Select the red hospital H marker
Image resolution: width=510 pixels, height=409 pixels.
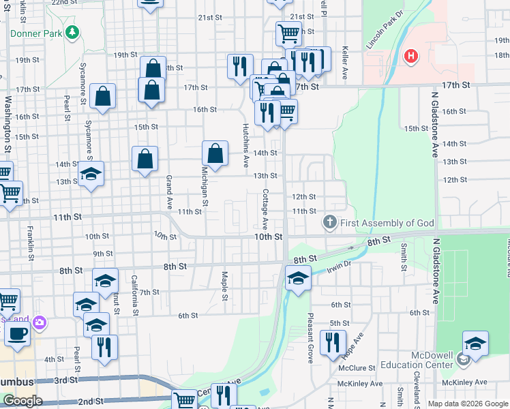click(410, 57)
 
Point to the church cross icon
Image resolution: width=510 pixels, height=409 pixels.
click(329, 223)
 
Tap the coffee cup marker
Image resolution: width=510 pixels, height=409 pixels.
click(18, 334)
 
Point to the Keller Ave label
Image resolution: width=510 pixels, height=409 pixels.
click(345, 64)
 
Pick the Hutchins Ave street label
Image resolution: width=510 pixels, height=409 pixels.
click(245, 146)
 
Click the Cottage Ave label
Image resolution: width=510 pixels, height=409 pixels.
click(265, 209)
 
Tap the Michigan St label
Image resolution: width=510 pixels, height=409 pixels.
click(204, 185)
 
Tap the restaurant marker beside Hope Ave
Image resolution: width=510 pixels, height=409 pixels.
click(333, 343)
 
